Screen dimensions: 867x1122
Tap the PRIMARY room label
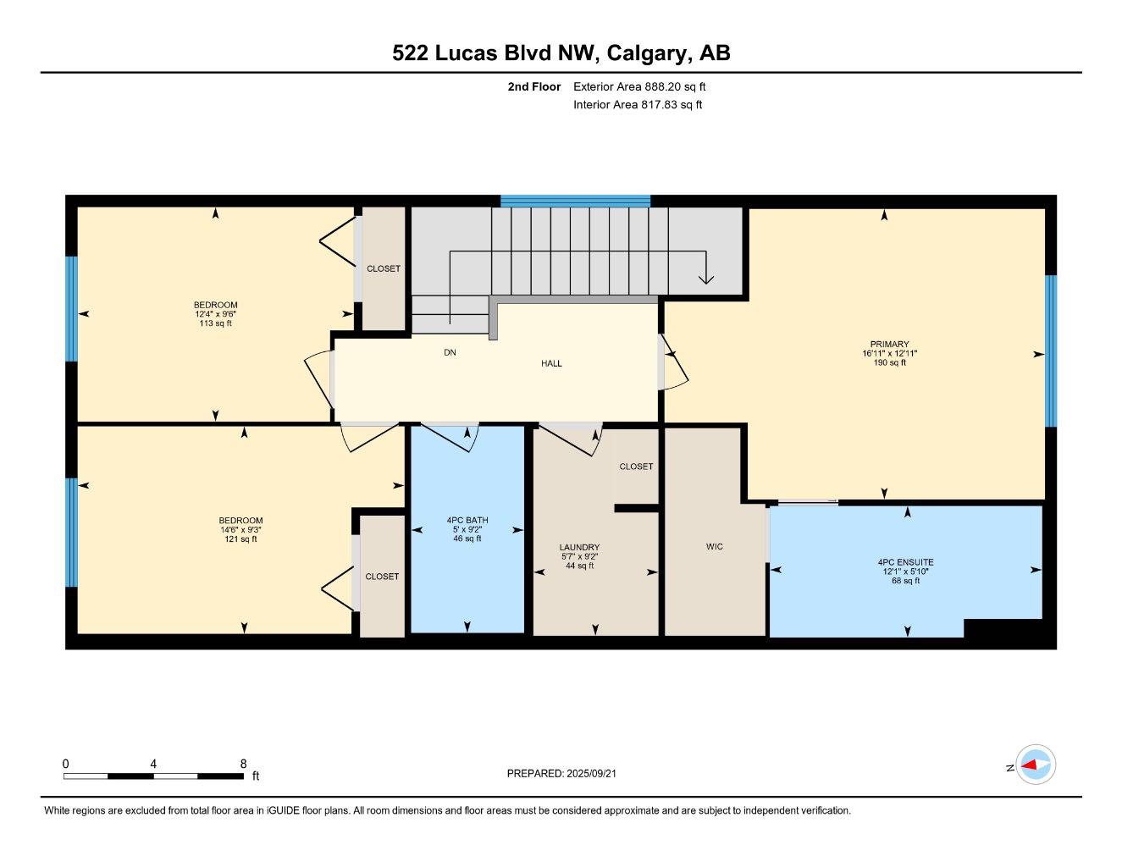click(x=889, y=345)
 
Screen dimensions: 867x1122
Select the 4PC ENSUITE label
click(x=905, y=562)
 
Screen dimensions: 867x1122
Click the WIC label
click(x=715, y=547)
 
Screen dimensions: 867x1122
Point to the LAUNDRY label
click(x=579, y=548)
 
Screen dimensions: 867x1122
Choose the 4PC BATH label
click(x=467, y=521)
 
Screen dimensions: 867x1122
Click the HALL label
click(x=551, y=363)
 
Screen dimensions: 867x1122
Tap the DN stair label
click(x=450, y=352)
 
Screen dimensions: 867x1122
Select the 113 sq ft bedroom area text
click(x=215, y=323)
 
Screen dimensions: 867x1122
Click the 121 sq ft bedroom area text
click(x=240, y=539)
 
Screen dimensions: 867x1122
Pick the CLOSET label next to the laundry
click(x=636, y=467)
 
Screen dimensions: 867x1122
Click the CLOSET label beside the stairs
click(x=383, y=268)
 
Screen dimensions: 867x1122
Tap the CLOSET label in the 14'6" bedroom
click(x=382, y=577)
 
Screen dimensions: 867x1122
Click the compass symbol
click(x=1035, y=765)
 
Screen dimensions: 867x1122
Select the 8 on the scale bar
click(x=243, y=764)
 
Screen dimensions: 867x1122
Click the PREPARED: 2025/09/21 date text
click(x=567, y=773)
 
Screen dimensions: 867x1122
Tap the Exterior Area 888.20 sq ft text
click(x=639, y=86)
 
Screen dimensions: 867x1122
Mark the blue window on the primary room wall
click(x=1051, y=351)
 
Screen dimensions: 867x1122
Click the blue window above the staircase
click(x=575, y=201)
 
